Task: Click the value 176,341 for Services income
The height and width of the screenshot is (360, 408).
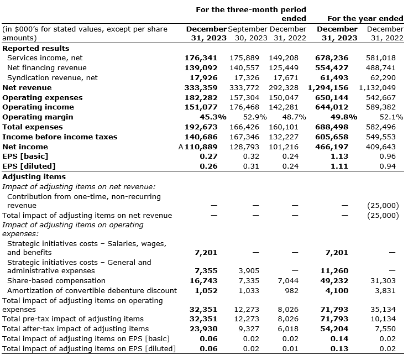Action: pyautogui.click(x=201, y=58)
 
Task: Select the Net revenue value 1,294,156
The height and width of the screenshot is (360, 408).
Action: pyautogui.click(x=328, y=87)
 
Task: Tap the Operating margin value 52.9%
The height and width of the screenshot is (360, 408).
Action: pyautogui.click(x=255, y=117)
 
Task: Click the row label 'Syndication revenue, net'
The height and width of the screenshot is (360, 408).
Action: pyautogui.click(x=52, y=77)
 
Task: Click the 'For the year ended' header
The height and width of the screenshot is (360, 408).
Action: pyautogui.click(x=365, y=18)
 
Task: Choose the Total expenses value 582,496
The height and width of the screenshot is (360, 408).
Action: pyautogui.click(x=381, y=127)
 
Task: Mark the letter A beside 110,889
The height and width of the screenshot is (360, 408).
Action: pyautogui.click(x=181, y=147)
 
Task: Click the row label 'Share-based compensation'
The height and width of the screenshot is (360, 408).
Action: pyautogui.click(x=56, y=281)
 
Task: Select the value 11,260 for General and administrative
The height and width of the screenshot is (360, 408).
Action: pyautogui.click(x=334, y=271)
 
